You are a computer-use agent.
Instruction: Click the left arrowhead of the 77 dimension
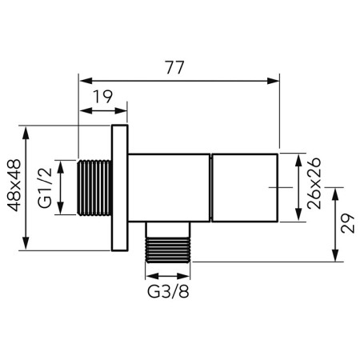point(83,79)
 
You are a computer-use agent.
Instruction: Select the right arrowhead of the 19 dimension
point(122,112)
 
